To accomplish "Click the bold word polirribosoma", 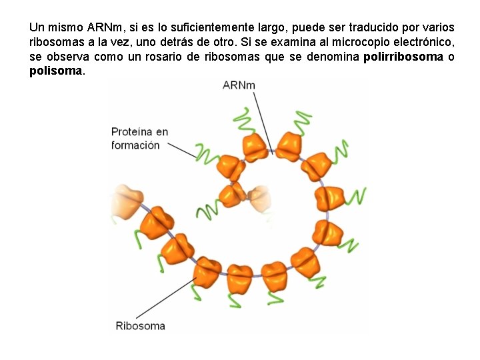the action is click(403, 57).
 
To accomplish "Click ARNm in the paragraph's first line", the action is click(104, 28).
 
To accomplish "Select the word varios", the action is click(438, 28).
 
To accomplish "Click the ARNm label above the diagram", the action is click(239, 85).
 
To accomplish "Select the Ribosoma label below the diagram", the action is click(140, 326).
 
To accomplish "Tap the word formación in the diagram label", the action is click(135, 145).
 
